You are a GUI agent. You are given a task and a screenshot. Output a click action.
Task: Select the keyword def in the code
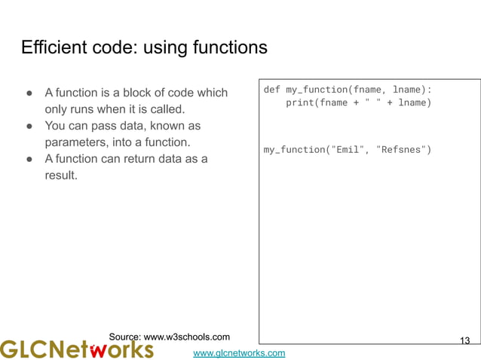coord(271,90)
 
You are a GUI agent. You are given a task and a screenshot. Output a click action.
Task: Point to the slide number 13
coord(464,341)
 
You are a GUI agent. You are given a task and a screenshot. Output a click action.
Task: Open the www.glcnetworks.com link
coord(239,352)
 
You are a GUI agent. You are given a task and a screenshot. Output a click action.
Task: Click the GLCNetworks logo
coord(76,349)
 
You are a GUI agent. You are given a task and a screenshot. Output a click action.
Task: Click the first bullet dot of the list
coord(28,93)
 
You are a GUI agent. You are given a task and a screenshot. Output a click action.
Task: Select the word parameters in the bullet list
coord(79,142)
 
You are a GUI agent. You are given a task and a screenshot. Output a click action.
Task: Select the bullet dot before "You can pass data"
coord(28,126)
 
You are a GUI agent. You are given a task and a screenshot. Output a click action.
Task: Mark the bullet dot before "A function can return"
coord(28,159)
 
